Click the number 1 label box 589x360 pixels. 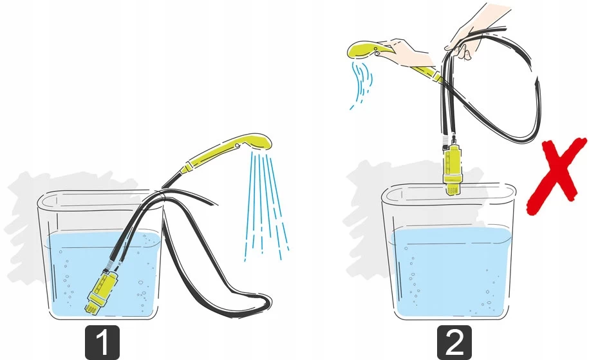102,343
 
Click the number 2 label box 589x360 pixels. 454,343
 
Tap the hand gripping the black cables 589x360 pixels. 466,32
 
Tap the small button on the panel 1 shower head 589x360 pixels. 237,146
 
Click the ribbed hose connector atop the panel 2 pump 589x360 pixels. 445,141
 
